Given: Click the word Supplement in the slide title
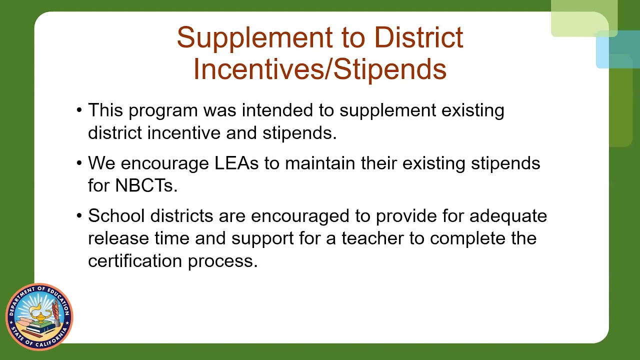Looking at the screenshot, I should point(254,38).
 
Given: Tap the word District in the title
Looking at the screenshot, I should point(418,38).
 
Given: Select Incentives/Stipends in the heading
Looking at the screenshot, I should point(319,69).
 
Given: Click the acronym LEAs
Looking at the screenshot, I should point(236,163).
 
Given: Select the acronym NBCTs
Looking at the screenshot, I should point(146,186).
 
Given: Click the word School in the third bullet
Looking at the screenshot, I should point(116,216).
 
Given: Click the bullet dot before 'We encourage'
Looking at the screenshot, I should point(79,163).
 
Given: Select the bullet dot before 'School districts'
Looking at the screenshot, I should point(79,216).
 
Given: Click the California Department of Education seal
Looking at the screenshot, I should point(39,316).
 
